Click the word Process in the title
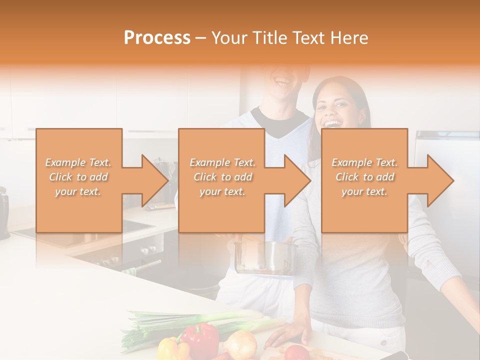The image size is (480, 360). pyautogui.click(x=157, y=38)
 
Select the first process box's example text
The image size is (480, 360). pyautogui.click(x=78, y=177)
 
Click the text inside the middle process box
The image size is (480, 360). pyautogui.click(x=222, y=177)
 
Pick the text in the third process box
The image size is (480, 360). pyautogui.click(x=364, y=177)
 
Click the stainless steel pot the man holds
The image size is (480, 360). pyautogui.click(x=263, y=257)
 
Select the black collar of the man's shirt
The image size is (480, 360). pyautogui.click(x=280, y=125)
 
